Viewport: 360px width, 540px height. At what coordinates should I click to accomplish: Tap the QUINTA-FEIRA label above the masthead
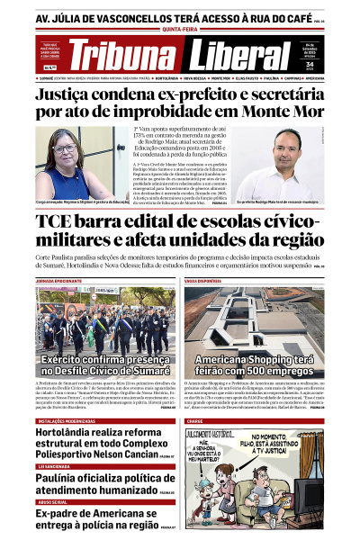coord(178,28)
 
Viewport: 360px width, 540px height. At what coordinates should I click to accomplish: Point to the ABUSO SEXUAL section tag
coord(50,501)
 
